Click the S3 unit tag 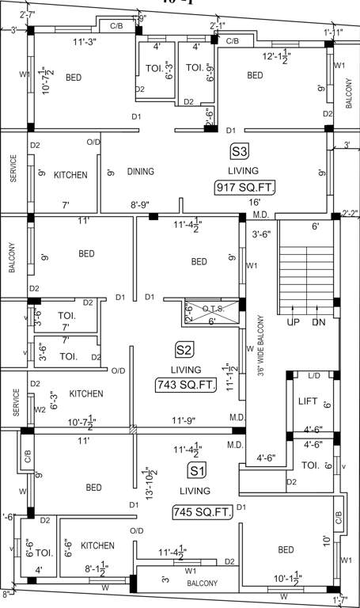click(239, 151)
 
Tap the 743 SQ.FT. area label click(185, 386)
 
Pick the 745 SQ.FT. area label click(203, 513)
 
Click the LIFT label click(308, 402)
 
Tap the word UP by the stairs click(292, 323)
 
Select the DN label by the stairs click(319, 323)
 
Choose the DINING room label click(140, 171)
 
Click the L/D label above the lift click(314, 375)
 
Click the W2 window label click(40, 409)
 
